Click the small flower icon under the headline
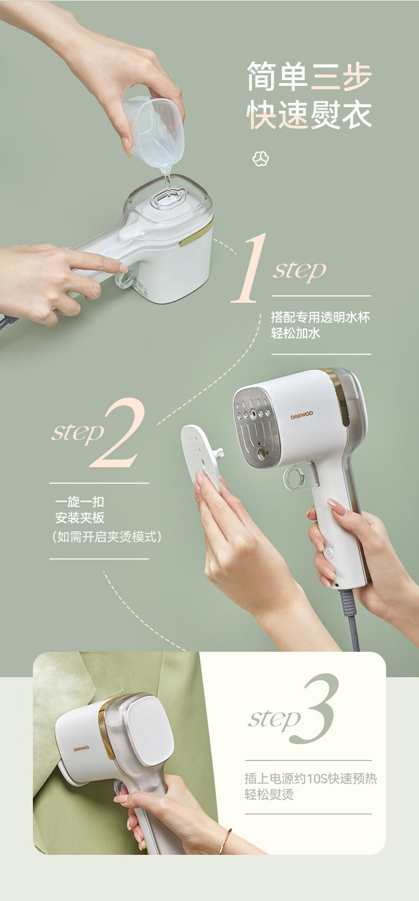coord(260,159)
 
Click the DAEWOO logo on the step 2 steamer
coord(302,415)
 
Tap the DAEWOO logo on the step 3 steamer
coord(81,749)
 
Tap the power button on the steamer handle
coord(329,553)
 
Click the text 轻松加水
coord(295,333)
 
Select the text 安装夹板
coord(80,518)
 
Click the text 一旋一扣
coord(80,502)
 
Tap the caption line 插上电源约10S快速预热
coord(311,778)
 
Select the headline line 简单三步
coord(309,76)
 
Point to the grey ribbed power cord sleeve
coord(348,603)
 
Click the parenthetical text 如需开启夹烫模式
coord(107,537)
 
